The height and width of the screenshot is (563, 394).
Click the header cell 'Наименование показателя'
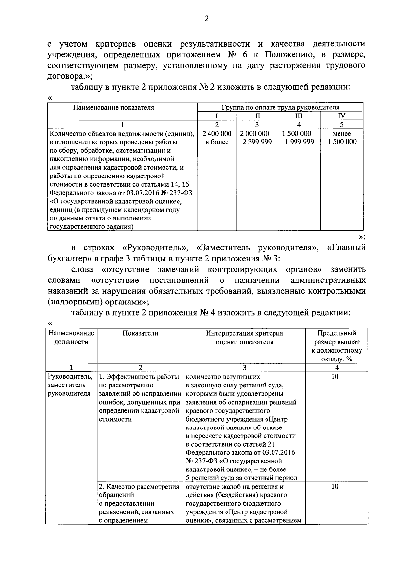coord(113,107)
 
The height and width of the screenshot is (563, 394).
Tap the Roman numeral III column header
coord(299,116)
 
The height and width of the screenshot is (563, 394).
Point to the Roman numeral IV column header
coord(341,116)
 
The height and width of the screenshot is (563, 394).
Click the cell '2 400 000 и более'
coord(217,138)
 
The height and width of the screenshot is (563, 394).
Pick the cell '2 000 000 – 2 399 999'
coord(257,138)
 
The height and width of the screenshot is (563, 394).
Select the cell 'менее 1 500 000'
coord(341,138)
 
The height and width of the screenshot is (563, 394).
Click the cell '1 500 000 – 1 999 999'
coord(299,138)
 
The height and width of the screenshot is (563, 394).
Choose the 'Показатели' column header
coord(140,333)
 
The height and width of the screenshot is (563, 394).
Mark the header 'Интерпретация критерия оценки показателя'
coord(244,338)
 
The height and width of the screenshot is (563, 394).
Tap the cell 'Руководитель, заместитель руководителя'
coord(70,385)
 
